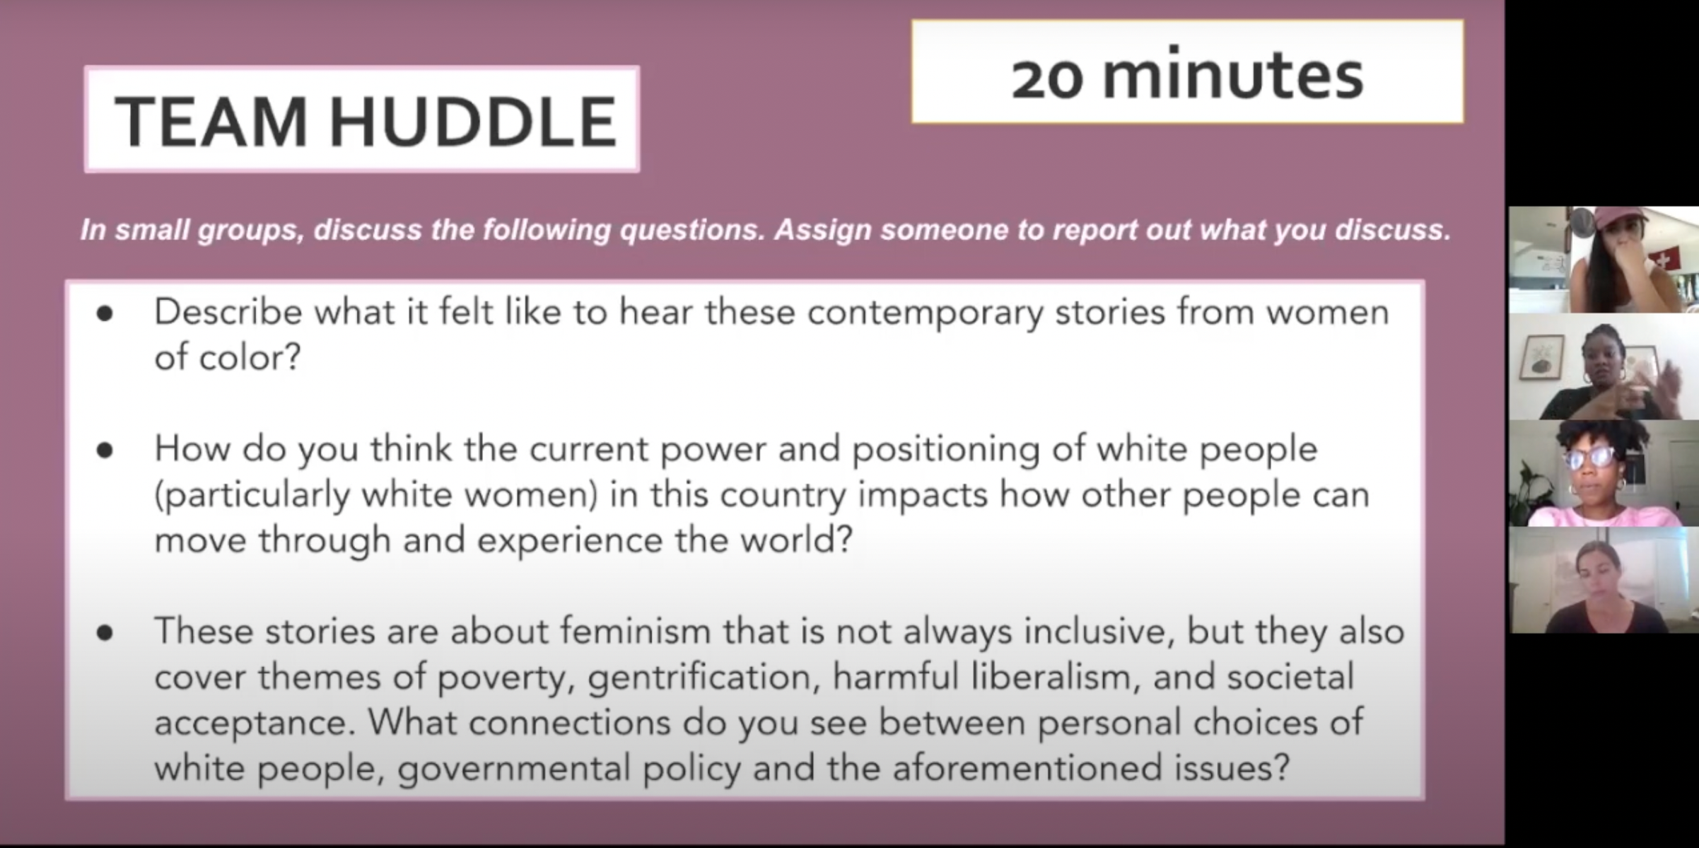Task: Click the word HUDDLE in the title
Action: (x=472, y=122)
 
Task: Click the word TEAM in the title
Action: (x=211, y=122)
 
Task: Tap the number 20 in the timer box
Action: (x=1047, y=78)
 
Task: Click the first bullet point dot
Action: (x=105, y=313)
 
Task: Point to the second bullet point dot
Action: (x=105, y=450)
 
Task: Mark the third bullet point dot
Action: (x=105, y=632)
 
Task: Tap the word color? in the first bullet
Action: (x=250, y=357)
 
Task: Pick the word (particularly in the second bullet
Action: (x=252, y=495)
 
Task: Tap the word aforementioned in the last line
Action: (x=1027, y=768)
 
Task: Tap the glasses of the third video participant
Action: (x=1592, y=458)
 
